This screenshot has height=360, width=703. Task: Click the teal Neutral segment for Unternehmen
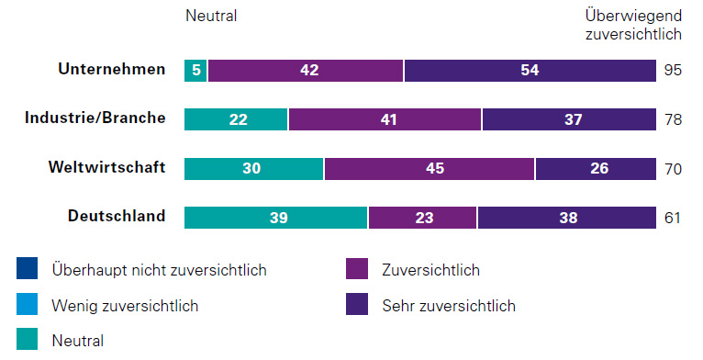[195, 70]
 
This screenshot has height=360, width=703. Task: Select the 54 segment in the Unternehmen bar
[529, 70]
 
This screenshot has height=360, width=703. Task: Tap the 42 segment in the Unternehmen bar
[306, 70]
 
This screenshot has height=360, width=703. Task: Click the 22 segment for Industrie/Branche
[236, 119]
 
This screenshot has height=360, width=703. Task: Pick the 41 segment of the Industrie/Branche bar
[385, 119]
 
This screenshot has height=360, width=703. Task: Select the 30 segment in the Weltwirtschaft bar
[254, 168]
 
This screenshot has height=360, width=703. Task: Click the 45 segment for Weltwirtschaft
[430, 168]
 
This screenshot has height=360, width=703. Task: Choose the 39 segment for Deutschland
[276, 218]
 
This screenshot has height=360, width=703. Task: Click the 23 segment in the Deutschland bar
[422, 218]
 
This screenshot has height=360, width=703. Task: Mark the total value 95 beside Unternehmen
[674, 70]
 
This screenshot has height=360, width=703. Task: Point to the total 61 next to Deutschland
[674, 218]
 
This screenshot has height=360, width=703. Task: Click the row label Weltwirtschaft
[107, 167]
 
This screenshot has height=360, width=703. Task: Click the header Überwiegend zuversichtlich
[632, 25]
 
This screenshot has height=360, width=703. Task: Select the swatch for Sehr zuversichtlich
[357, 305]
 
